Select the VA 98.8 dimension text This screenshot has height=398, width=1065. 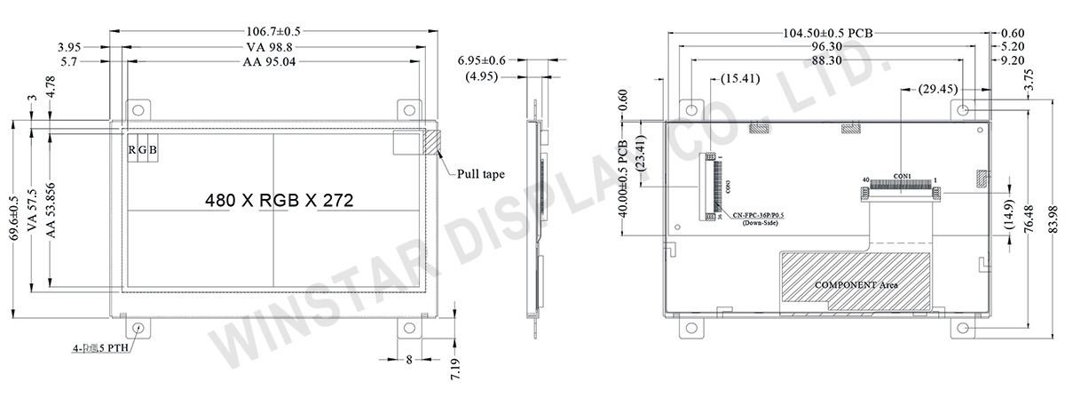pos(274,47)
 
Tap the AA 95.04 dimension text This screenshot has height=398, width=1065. pos(274,62)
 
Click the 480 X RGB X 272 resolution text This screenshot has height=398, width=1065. pos(280,201)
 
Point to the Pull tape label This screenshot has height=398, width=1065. pos(481,174)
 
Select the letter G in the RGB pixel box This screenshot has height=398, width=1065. pos(142,150)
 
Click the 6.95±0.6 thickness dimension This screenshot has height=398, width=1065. pos(482,60)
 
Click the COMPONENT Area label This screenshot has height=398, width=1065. pos(856,285)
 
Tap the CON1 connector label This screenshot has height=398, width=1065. pos(902,175)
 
